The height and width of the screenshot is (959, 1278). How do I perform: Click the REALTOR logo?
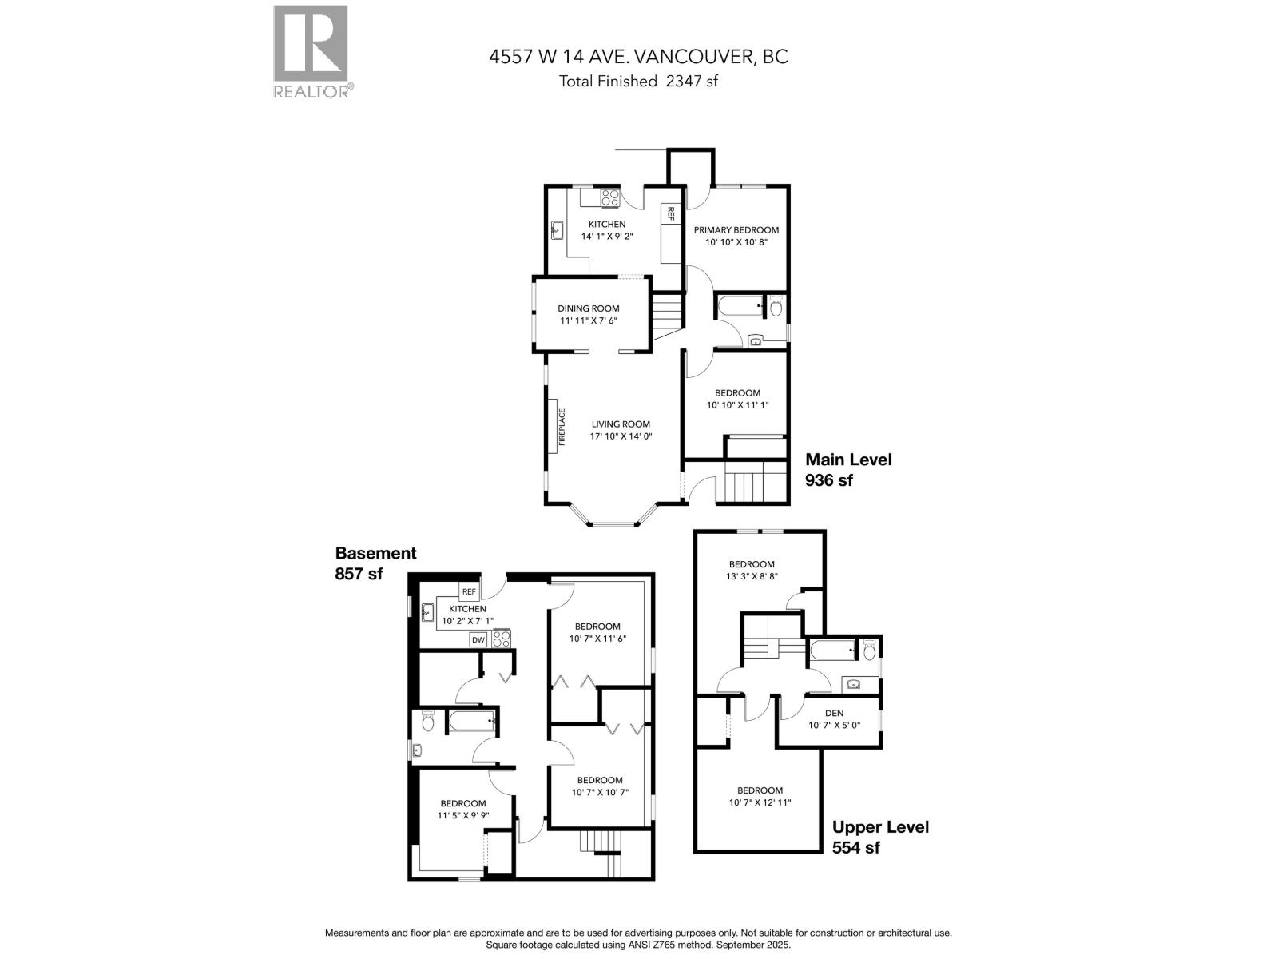point(311,51)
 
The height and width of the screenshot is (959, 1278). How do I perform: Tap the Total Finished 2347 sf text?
point(638,81)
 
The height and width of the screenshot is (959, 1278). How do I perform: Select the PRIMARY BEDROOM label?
point(736,230)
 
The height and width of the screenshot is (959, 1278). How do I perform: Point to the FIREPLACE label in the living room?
point(562,427)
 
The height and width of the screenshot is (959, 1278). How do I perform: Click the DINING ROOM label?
point(589,308)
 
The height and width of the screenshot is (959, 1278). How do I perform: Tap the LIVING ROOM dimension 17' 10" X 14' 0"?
point(621,436)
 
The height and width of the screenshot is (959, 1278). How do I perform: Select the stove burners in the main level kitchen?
point(610,197)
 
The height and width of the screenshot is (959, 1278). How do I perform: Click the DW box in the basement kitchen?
point(478,639)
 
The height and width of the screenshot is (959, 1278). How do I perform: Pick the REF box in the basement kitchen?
point(469,592)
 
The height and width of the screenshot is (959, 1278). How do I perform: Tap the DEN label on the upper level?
point(834,713)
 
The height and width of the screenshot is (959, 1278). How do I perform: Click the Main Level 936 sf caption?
point(848,470)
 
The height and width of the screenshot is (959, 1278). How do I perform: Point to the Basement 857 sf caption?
point(375,563)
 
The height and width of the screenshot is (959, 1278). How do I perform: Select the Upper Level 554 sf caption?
point(880,837)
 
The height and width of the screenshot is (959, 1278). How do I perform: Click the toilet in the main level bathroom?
point(775,307)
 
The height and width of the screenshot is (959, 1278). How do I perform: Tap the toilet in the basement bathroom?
point(428,723)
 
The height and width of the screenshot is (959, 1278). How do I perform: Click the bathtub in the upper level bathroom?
point(831,652)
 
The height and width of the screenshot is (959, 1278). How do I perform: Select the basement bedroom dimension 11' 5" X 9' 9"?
point(462,816)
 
